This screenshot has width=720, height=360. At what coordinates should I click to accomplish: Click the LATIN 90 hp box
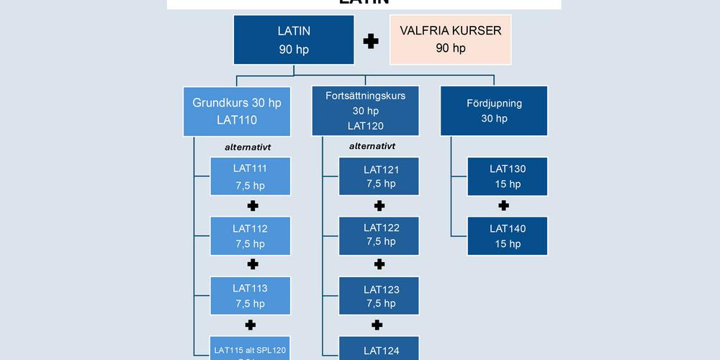point(293,40)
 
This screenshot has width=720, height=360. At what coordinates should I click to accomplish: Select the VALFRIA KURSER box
point(450,40)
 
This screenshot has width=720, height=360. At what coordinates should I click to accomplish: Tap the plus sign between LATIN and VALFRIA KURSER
point(371,41)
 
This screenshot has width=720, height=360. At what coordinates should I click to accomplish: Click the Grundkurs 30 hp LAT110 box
point(237,111)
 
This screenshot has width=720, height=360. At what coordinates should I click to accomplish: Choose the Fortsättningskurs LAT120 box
point(365,111)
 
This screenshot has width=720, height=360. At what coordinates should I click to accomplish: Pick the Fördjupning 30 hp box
point(494,111)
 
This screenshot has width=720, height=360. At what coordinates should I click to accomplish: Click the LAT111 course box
point(250,176)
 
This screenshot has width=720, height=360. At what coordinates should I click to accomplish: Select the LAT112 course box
point(250,236)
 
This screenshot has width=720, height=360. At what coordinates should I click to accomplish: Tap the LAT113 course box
point(250,295)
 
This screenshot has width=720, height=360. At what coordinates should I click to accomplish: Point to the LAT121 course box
point(381,176)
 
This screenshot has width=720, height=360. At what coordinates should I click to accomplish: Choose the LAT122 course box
point(381,235)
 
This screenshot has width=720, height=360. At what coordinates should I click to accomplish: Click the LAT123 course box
point(381,296)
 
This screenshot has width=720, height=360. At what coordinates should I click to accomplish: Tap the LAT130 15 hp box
point(508,176)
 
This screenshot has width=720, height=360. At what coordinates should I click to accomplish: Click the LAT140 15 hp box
point(508,236)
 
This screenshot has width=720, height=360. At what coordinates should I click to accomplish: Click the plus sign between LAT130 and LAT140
point(504,206)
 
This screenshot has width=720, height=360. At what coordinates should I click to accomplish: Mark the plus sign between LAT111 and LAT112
point(253,206)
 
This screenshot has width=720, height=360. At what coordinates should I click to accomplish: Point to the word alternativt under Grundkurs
point(248,148)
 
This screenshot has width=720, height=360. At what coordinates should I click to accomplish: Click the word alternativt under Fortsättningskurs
point(372,146)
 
